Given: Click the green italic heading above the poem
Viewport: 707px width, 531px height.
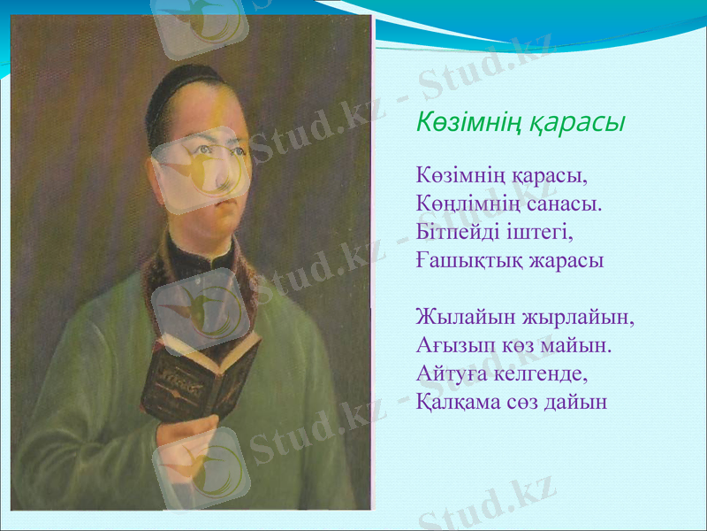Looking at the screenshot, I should tap(521, 122).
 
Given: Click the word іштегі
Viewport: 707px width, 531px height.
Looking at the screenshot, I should tap(536, 233).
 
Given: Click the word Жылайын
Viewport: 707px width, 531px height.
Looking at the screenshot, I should tap(457, 316).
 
